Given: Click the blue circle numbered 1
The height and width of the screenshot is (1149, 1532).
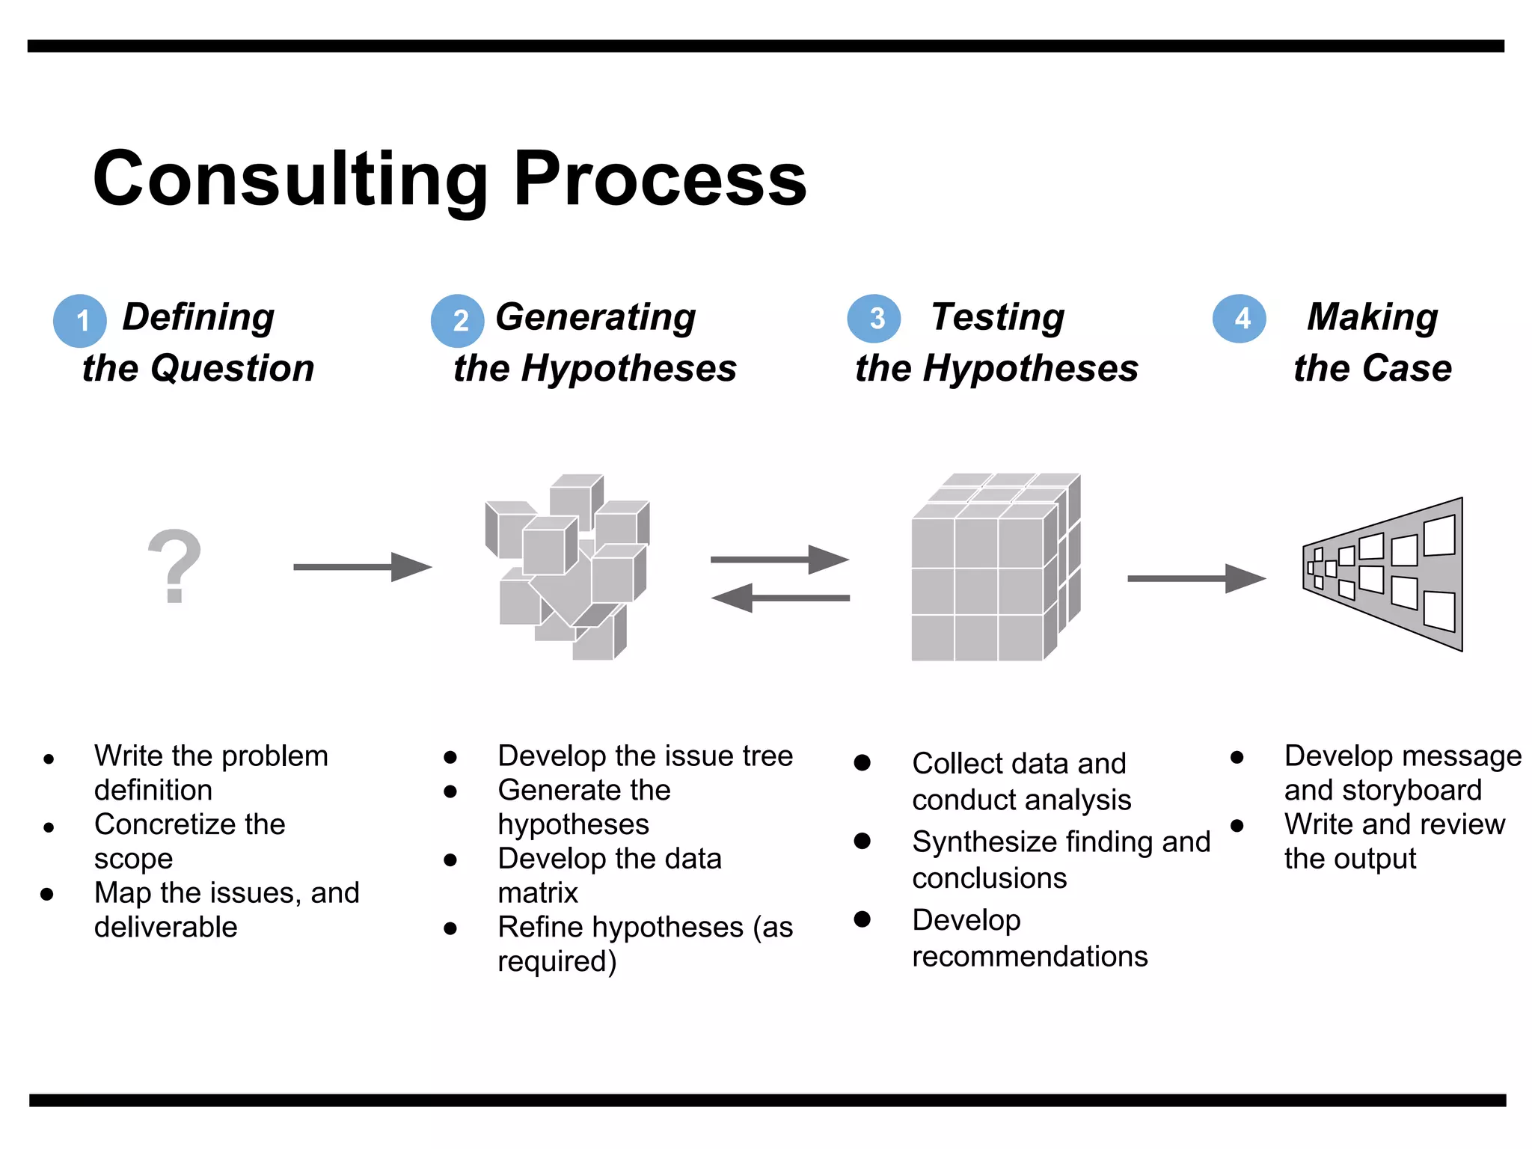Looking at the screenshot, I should pos(80,321).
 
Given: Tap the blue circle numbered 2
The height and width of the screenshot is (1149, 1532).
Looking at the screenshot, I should pos(458,321).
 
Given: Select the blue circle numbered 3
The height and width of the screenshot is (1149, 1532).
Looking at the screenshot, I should pos(874,319).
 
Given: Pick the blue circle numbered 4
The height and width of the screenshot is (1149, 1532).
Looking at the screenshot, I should pos(1240,319).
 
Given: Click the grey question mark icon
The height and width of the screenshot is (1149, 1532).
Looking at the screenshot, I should pos(174,566).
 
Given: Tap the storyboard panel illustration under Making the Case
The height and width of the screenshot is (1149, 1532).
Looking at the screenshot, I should pos(1384,574).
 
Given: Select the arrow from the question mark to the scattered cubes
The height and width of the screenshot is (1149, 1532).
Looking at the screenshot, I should pos(362,567).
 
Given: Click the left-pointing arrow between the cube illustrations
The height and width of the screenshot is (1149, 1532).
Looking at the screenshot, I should pos(779,598).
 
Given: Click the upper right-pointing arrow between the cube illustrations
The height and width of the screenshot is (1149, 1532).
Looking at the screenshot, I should pos(779,559).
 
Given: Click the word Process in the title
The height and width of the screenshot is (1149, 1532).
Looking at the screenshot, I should pos(660,180).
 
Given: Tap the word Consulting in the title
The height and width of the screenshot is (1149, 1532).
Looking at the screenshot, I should pos(290,180).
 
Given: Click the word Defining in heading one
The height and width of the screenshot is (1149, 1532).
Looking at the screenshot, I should pos(198,317).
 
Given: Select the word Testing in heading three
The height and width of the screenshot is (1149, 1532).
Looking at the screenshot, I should pos(997,317).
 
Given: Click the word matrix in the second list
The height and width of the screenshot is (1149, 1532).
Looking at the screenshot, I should pos(538,893).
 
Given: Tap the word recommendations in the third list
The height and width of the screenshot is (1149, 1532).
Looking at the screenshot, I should pos(1029,957).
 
